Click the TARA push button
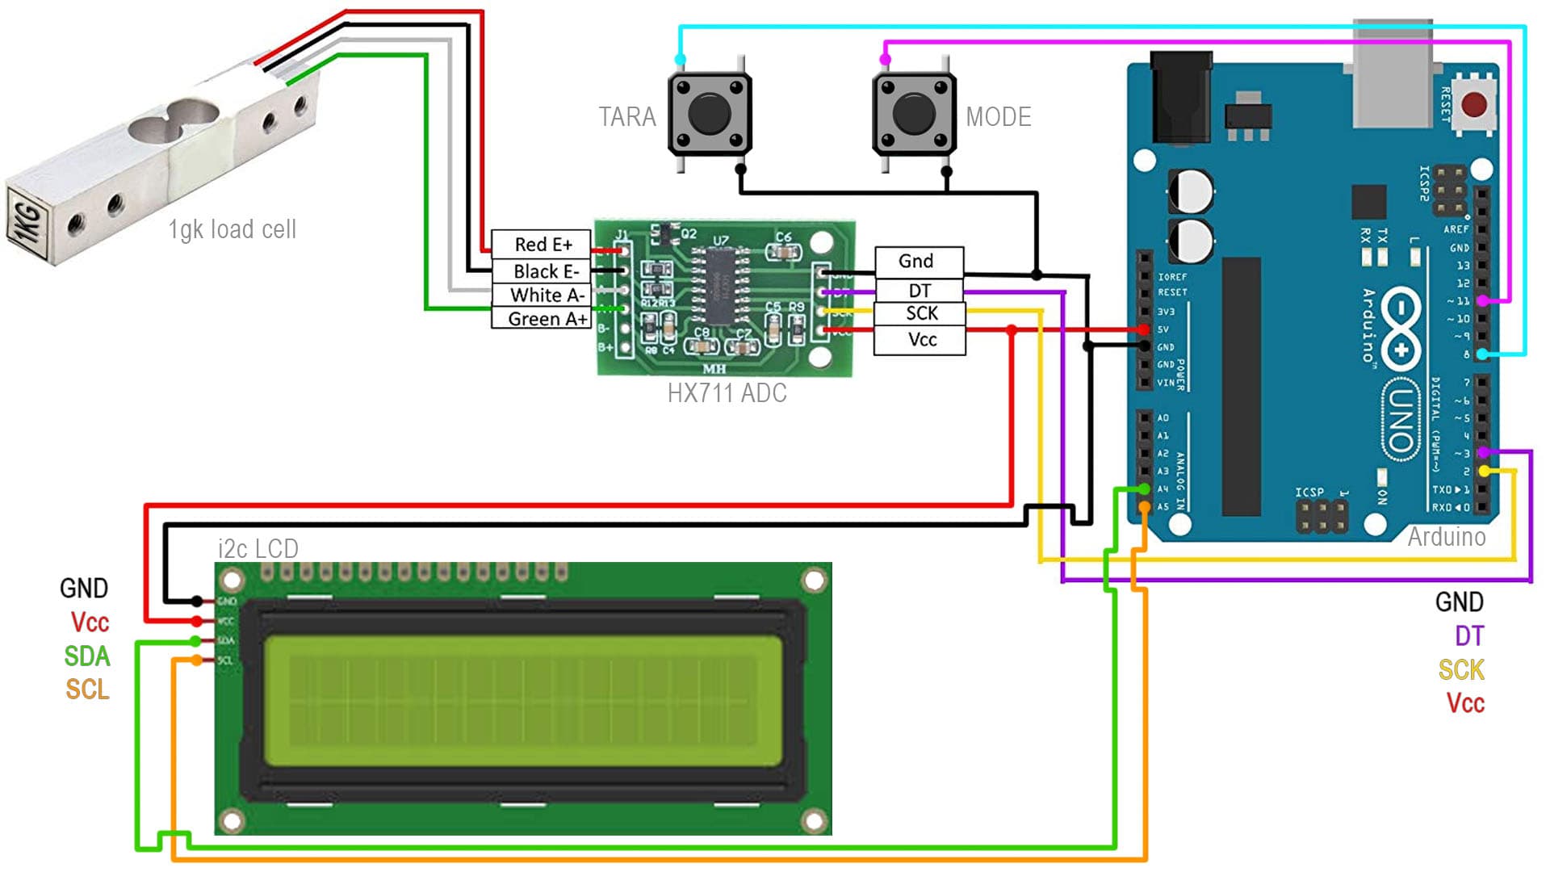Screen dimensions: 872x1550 [710, 114]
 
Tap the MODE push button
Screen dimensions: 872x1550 [914, 114]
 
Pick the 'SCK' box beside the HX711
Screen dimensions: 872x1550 [920, 313]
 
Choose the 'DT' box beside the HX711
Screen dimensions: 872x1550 [920, 290]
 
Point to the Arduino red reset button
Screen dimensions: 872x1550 [1474, 104]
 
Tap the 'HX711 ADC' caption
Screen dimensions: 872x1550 [727, 393]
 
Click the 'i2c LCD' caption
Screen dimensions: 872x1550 [258, 549]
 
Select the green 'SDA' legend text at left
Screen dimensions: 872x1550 [87, 656]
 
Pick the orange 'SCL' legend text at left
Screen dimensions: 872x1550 [87, 690]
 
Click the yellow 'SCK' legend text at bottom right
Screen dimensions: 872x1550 [1461, 669]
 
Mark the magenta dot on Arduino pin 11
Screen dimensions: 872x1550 [1483, 300]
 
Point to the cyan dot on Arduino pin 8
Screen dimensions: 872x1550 [1483, 354]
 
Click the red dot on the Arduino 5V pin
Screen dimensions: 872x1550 [1144, 329]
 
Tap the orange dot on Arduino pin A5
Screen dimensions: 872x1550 [1144, 506]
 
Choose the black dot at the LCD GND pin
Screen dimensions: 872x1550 [197, 602]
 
